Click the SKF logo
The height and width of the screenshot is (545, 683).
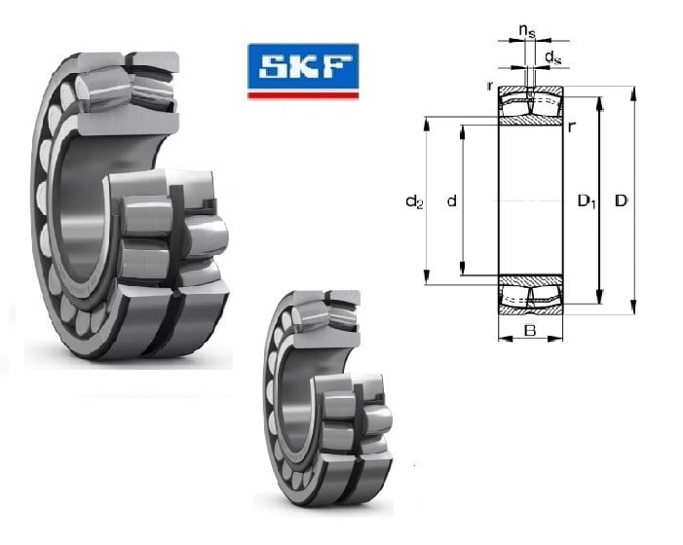point(303,71)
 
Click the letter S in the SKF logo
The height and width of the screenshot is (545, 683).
point(275,67)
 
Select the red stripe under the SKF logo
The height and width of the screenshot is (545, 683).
point(303,95)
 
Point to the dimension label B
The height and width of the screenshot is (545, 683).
point(530,331)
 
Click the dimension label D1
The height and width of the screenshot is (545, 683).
point(587,200)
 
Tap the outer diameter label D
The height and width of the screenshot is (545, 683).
point(621,200)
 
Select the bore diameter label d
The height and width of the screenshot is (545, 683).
point(452,200)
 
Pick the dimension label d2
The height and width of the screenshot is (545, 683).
point(414,201)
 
